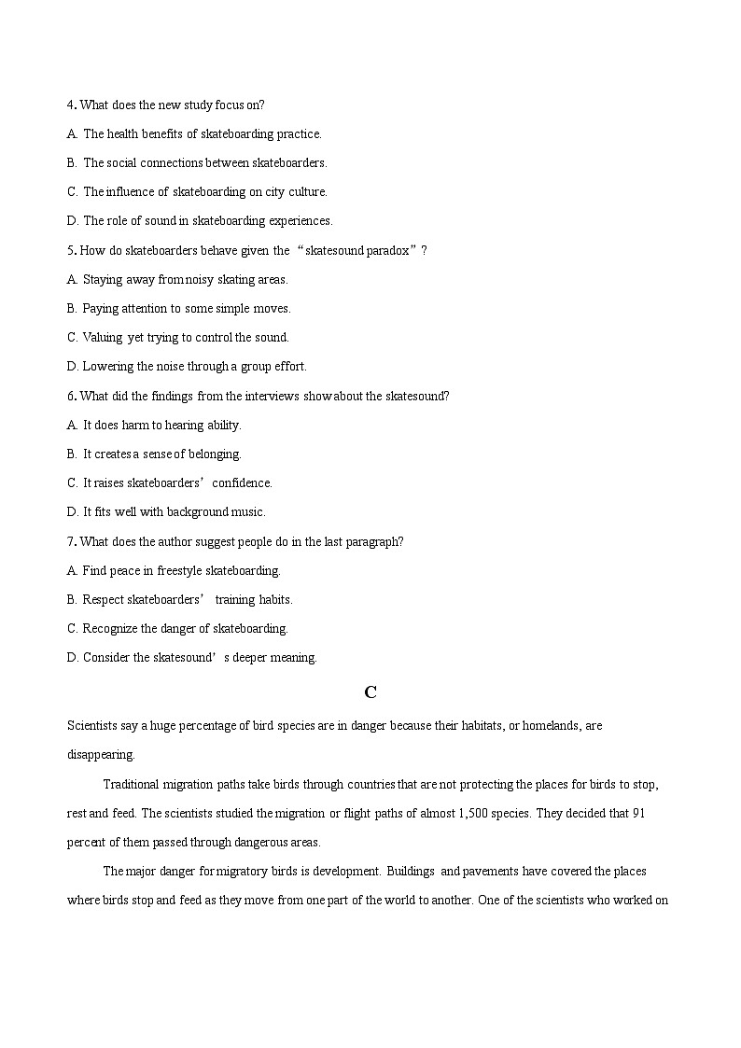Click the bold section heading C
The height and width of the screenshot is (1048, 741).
coord(370,692)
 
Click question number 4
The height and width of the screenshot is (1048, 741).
coord(71,105)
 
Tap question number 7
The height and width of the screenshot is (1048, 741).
coord(71,541)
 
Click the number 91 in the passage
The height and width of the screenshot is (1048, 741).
coord(639,813)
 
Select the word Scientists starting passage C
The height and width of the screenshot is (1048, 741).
coord(91,725)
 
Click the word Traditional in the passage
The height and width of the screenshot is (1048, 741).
coord(133,784)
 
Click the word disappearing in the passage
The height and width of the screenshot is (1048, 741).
coord(101,754)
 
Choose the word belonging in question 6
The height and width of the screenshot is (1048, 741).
coord(215,454)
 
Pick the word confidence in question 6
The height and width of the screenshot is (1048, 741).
coord(242,482)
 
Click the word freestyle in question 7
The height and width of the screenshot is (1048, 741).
coord(179,570)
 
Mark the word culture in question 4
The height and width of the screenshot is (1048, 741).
coord(308,192)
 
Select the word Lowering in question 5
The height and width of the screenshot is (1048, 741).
coord(105,367)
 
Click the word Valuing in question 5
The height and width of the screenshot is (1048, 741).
coord(103,338)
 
